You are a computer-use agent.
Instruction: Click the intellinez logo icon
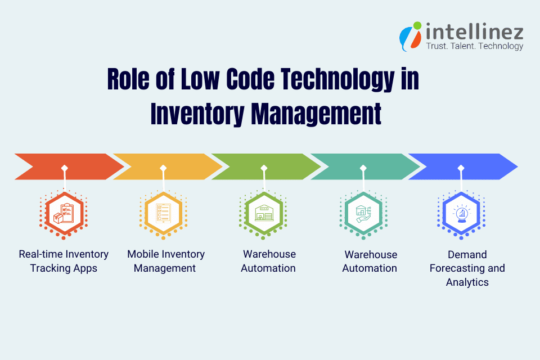[x=410, y=35]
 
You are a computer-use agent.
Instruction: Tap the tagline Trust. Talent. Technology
[x=474, y=46]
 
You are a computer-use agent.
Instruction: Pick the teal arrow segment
[x=363, y=166]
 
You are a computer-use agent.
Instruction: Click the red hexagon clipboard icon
[x=64, y=214]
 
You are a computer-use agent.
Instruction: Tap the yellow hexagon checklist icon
[x=163, y=214]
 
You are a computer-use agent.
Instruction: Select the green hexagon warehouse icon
[x=263, y=214]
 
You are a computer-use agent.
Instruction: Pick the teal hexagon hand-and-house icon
[x=363, y=214]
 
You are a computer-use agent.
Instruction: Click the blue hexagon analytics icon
[x=461, y=214]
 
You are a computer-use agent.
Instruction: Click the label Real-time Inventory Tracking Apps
[x=64, y=261]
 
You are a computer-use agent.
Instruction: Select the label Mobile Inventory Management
[x=165, y=261]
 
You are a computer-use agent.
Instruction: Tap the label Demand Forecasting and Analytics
[x=467, y=268]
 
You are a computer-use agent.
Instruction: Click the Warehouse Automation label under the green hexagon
[x=268, y=261]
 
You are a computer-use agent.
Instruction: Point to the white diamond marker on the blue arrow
[x=461, y=168]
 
